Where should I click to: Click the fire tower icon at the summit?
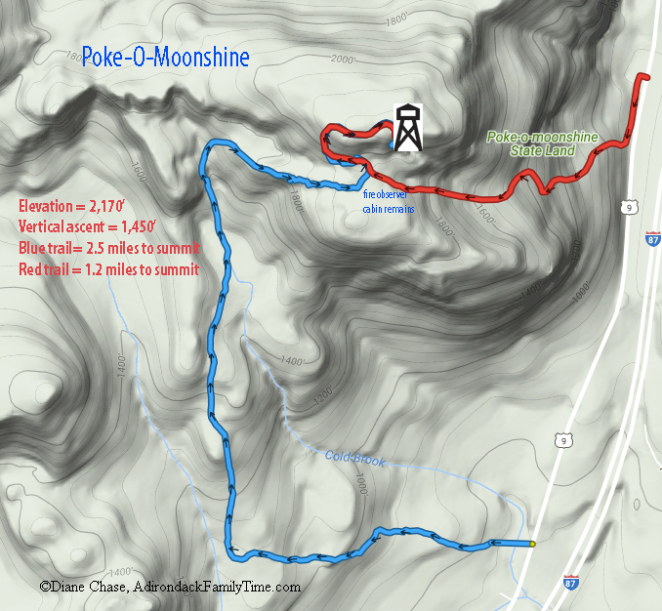408,128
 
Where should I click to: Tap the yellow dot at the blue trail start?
532,543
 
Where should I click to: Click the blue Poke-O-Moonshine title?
165,56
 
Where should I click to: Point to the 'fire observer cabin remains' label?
390,202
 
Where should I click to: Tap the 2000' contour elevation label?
345,61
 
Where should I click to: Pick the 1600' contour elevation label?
140,176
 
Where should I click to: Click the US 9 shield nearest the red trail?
630,207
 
